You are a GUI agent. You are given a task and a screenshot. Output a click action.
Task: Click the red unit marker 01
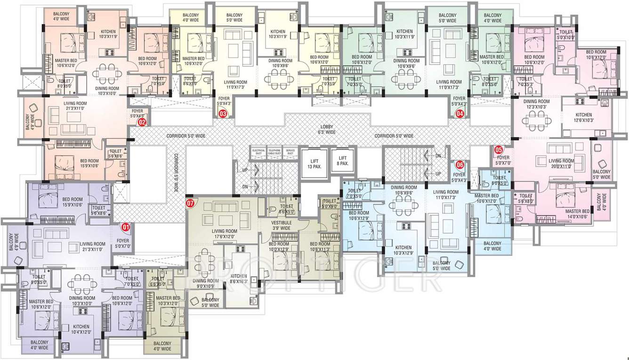(x=126, y=227)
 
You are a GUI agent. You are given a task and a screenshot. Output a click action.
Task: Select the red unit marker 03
(x=223, y=113)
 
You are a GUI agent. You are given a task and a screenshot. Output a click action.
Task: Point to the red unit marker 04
(x=460, y=113)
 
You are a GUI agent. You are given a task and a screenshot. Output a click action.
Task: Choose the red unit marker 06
(x=460, y=165)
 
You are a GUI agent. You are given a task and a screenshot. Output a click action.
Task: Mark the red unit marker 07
(x=190, y=203)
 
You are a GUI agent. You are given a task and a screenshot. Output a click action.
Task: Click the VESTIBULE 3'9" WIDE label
(x=282, y=225)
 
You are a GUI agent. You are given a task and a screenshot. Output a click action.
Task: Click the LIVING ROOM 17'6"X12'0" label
(x=224, y=234)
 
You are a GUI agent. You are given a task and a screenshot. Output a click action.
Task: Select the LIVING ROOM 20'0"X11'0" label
(x=562, y=163)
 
